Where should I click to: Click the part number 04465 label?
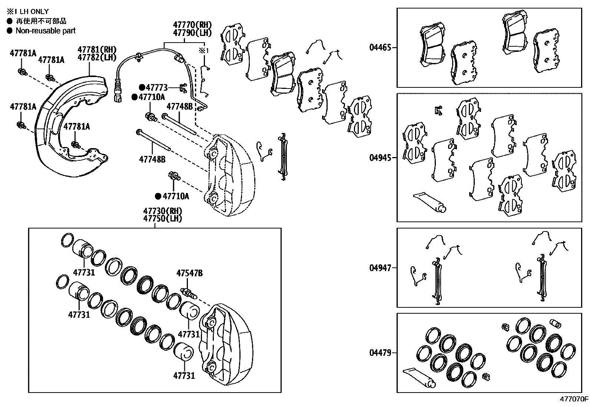pos(380,47)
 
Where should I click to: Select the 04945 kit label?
pos(380,157)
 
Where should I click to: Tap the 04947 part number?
pos(380,268)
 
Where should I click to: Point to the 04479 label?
pos(380,353)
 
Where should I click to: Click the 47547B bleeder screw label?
pos(189,273)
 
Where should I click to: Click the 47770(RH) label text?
pos(192,25)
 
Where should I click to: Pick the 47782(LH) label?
pos(97,57)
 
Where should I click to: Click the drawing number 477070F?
pos(574,399)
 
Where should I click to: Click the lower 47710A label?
pos(176,196)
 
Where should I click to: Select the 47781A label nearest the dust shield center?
pos(76,127)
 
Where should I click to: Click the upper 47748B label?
pos(179,106)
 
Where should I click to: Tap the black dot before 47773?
pos(142,88)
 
